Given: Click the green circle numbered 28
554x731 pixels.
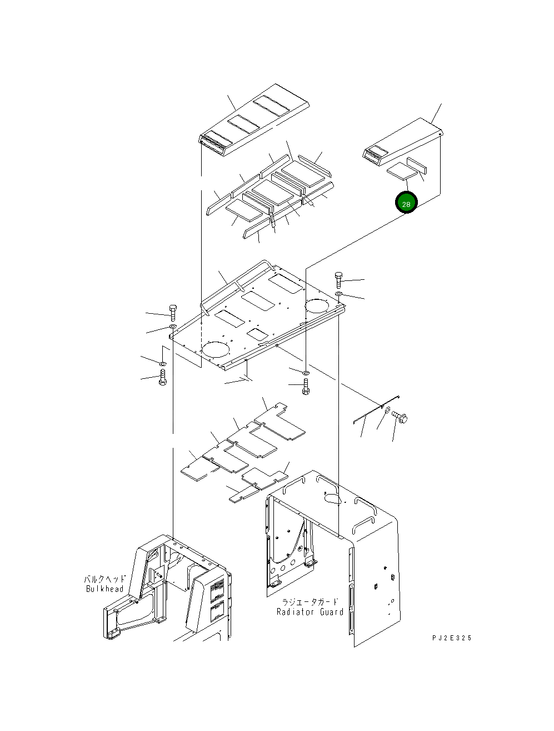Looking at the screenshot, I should [x=406, y=204].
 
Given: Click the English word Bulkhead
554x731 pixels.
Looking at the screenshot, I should [x=104, y=589].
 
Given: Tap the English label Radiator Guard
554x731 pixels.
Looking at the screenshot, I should [x=310, y=611].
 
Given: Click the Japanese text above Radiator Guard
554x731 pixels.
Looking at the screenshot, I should [x=310, y=602].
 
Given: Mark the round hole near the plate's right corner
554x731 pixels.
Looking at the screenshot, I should [x=317, y=305].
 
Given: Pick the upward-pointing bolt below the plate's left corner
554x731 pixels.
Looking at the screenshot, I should [x=162, y=378].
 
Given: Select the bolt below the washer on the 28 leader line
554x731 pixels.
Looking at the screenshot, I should [x=306, y=387].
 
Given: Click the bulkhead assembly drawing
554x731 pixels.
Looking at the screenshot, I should [x=167, y=590].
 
